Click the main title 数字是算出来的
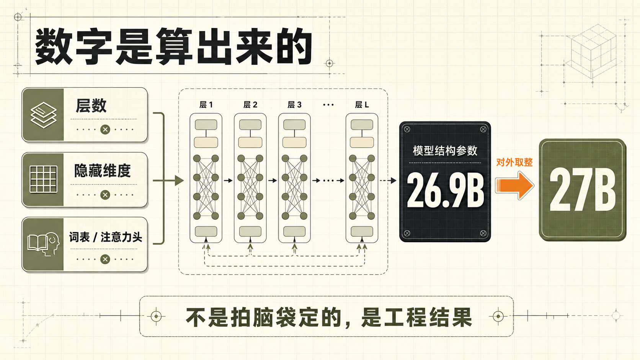coord(173,46)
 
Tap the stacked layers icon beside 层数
coord(43,115)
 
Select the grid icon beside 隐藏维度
coord(43,179)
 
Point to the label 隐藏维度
coord(102,171)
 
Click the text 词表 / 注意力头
coord(106,237)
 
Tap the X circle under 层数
coord(105,130)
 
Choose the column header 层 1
coord(206,105)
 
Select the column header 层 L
coord(362,105)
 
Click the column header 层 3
coord(294,105)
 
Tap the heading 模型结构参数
coord(445,151)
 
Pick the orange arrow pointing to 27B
coord(514,185)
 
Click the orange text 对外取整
coord(514,163)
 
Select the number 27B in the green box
coord(582,189)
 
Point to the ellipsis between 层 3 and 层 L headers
coord(328,105)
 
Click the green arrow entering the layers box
coord(168,181)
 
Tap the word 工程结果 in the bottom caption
coord(417,317)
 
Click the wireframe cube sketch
coord(591,51)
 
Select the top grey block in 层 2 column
coord(250,125)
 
